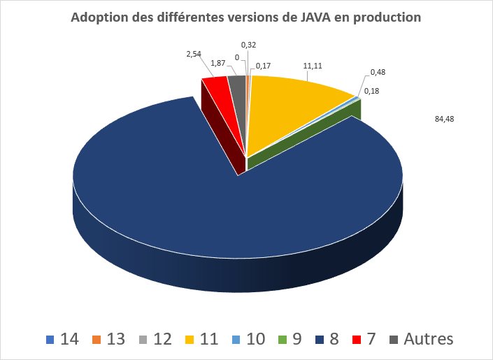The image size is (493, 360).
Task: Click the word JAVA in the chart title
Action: pyautogui.click(x=315, y=17)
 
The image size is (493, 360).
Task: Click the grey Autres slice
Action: pyautogui.click(x=238, y=84)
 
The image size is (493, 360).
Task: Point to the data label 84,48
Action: pyautogui.click(x=444, y=119)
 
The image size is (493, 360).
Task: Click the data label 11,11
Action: pyautogui.click(x=312, y=66)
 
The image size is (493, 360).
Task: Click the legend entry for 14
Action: pyautogui.click(x=62, y=340)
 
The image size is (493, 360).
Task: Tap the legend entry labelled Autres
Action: pyautogui.click(x=421, y=340)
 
